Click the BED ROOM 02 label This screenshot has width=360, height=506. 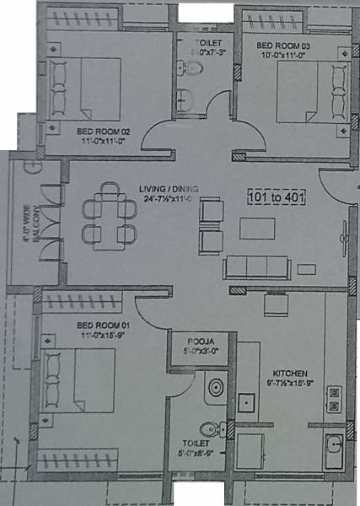pos(102,132)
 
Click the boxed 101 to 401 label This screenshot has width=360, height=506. pos(276,198)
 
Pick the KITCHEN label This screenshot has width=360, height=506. pos(288,373)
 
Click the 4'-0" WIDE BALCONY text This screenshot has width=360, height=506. pos(29,237)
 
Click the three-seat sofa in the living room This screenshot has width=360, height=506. pos(256,268)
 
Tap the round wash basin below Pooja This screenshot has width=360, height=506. pos(216,389)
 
